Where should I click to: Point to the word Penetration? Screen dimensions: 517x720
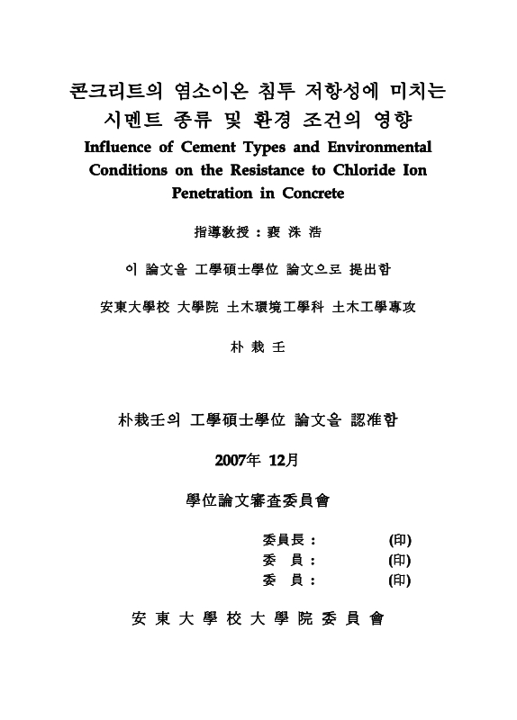pos(213,193)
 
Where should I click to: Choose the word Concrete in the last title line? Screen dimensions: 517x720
pos(313,193)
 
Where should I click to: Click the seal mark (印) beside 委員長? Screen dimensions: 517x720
pos(400,540)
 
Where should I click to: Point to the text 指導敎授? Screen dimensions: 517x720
pos(219,231)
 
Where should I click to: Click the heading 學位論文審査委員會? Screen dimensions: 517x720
pos(258,500)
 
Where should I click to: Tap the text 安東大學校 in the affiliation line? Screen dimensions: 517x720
pos(132,307)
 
